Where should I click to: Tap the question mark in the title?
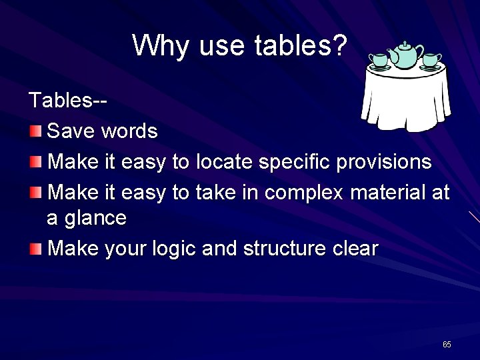(x=339, y=45)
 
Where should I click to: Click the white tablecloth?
(x=405, y=100)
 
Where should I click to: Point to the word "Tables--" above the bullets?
(x=68, y=101)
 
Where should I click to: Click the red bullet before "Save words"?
(x=36, y=130)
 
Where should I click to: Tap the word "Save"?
(x=72, y=131)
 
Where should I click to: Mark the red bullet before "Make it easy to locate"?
(x=36, y=161)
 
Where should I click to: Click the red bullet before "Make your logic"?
(x=36, y=249)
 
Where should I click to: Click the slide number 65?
(x=447, y=345)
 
